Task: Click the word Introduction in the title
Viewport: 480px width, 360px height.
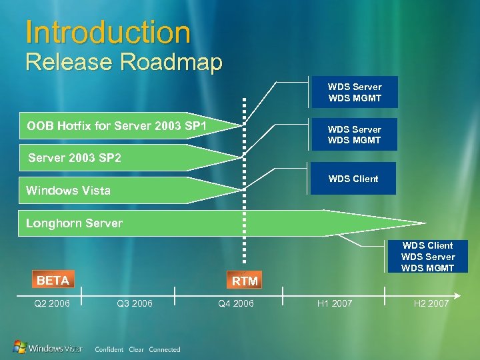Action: coord(107,32)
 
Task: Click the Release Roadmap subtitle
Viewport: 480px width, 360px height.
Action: coord(123,63)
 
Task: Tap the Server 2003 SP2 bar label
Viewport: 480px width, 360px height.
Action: coord(75,158)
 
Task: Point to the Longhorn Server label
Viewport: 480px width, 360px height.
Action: coord(74,223)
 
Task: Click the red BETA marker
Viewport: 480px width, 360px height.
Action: coord(53,281)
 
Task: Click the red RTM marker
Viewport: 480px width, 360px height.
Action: coord(245,281)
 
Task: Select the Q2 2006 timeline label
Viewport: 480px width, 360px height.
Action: coord(51,304)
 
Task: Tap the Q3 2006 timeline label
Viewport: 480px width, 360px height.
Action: coord(134,304)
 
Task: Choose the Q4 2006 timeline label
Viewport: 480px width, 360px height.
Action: coord(236,304)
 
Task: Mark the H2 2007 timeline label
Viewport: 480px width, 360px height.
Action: coord(431,304)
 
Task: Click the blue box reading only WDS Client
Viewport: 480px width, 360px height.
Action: coord(353,179)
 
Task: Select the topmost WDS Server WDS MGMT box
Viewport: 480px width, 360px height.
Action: coord(354,92)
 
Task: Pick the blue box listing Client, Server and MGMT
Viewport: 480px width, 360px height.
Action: coord(427,257)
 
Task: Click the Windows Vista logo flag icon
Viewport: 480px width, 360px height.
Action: coord(21,347)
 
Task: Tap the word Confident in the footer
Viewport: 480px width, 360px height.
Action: coord(109,349)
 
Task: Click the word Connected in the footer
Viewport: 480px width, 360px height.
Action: coord(165,349)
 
